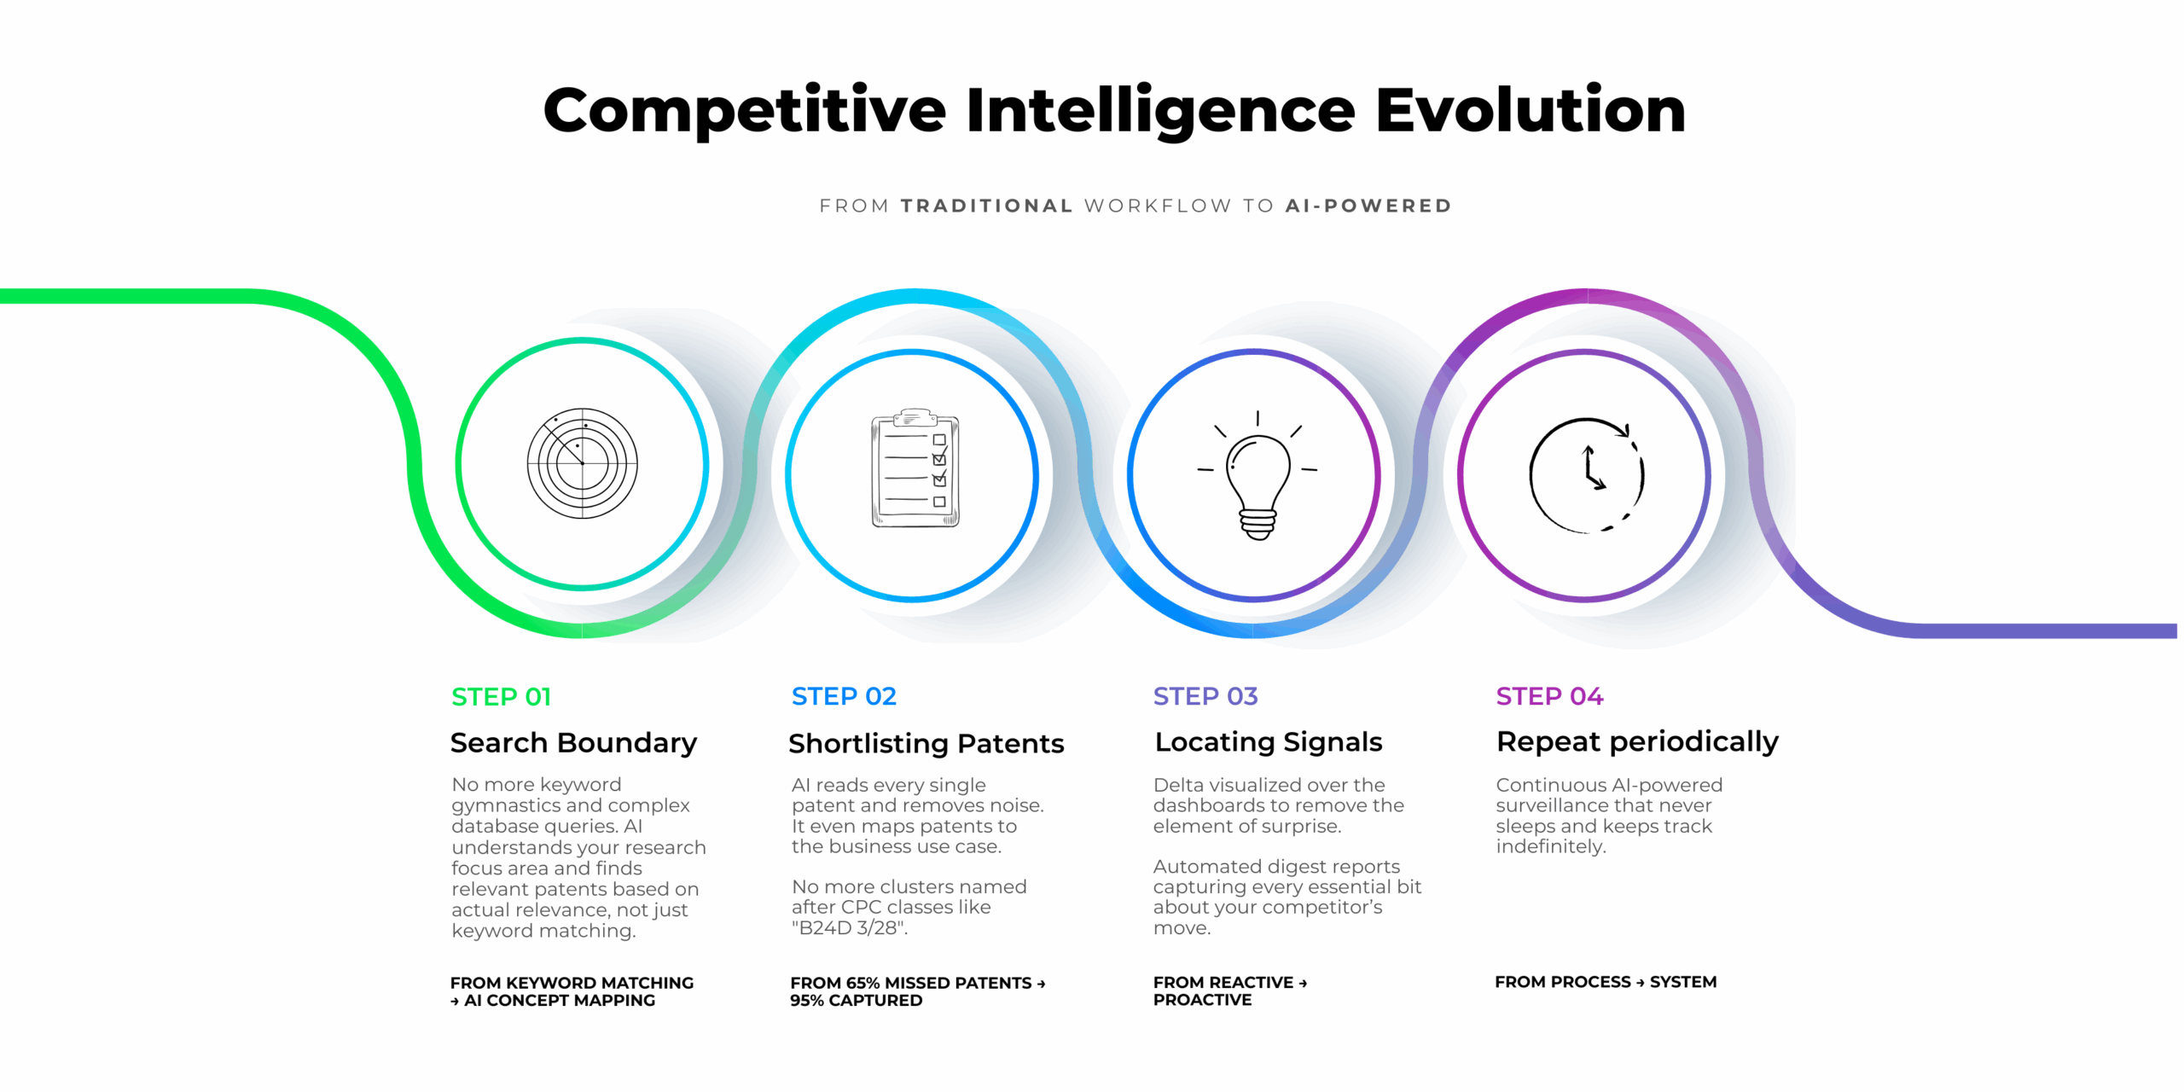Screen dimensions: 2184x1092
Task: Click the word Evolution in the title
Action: click(x=1531, y=110)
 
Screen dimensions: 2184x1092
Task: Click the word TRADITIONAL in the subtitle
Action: click(x=987, y=206)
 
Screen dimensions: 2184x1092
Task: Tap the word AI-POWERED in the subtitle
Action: click(x=1368, y=206)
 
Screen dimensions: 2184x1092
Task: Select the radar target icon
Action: click(x=583, y=463)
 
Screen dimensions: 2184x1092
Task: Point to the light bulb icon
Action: click(x=1258, y=475)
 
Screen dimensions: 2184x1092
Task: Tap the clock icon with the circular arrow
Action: click(x=1587, y=475)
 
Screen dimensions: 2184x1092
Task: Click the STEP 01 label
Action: click(x=501, y=697)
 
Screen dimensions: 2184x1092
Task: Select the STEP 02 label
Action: click(x=844, y=696)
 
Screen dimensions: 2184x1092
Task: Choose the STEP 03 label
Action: click(x=1205, y=696)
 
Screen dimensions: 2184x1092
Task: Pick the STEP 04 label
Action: click(x=1549, y=696)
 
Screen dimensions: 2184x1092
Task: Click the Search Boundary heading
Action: click(x=573, y=743)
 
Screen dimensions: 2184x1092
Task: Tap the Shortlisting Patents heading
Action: click(x=926, y=744)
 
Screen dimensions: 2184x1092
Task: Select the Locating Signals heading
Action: click(x=1269, y=742)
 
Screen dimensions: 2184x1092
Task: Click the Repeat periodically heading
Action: click(x=1637, y=742)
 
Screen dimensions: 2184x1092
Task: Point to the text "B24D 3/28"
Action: click(x=850, y=928)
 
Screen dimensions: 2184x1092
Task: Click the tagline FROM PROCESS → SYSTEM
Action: click(x=1606, y=982)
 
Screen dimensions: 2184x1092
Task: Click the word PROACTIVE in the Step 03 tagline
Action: click(x=1202, y=1000)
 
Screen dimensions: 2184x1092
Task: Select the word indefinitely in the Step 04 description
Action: click(x=1551, y=846)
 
